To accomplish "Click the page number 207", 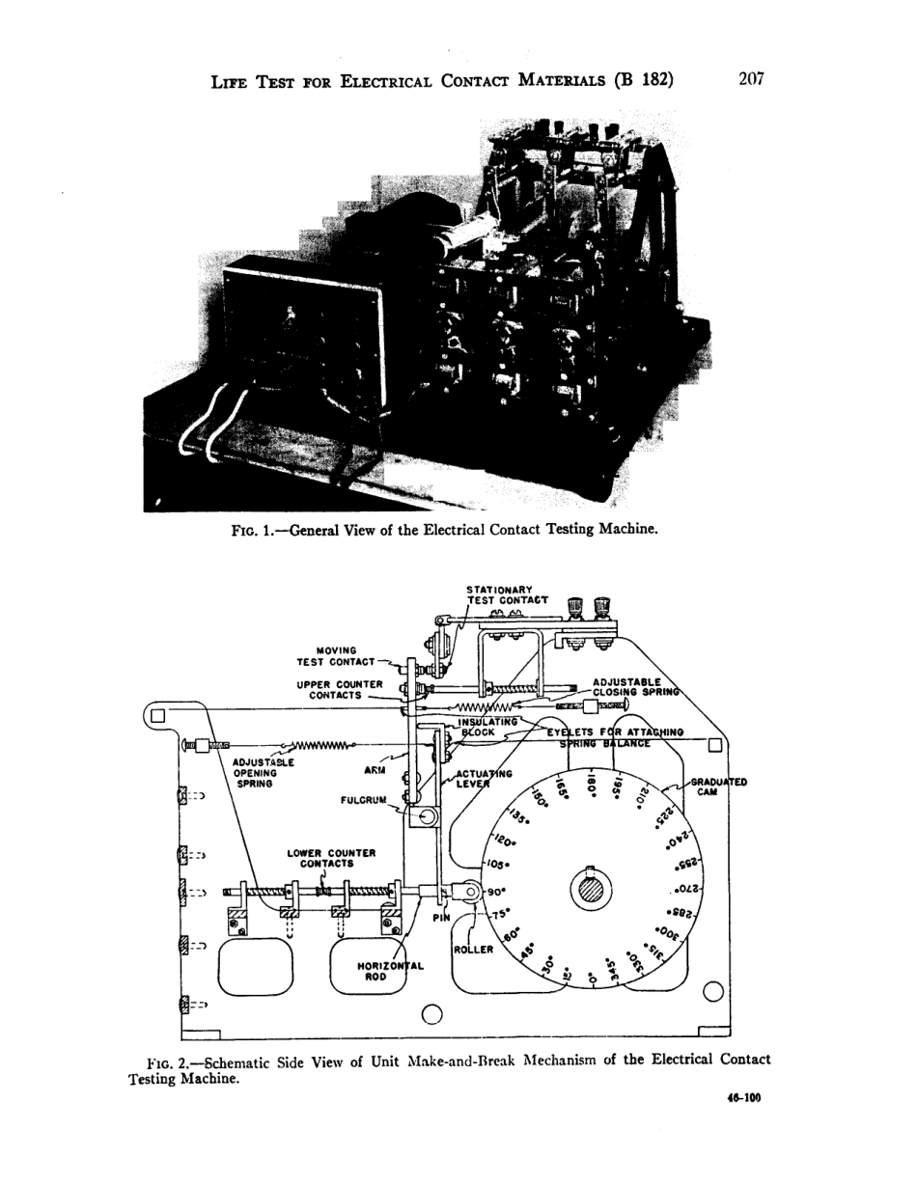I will click(750, 78).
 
